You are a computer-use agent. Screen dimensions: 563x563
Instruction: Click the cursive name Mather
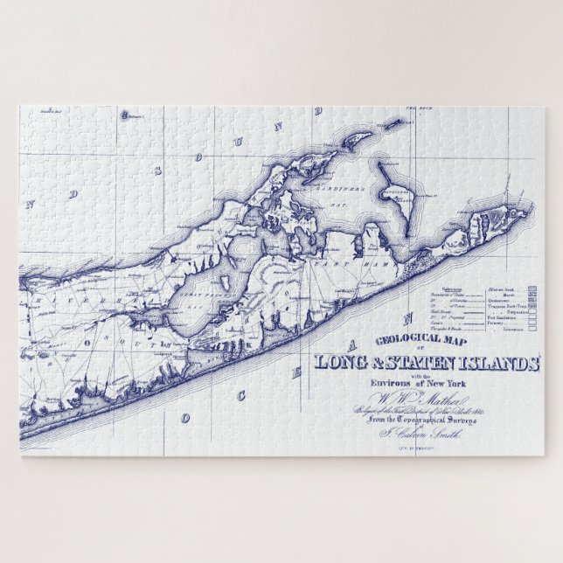(x=424, y=400)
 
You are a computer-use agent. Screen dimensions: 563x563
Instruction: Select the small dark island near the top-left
(x=125, y=115)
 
